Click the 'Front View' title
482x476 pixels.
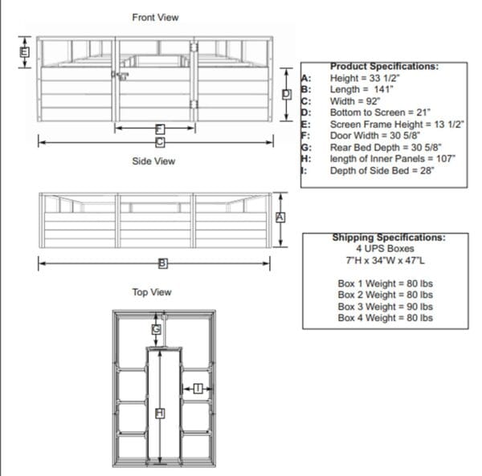coord(155,17)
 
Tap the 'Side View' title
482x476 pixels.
coord(153,161)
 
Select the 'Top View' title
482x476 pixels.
coord(152,292)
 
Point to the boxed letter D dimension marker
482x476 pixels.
coord(286,94)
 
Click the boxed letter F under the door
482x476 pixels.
coord(160,128)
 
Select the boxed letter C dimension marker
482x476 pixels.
coord(160,142)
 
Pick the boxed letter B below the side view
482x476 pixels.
coord(161,262)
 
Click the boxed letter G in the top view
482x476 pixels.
coord(157,329)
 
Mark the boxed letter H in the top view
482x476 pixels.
coord(159,413)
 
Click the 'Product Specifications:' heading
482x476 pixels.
coord(384,67)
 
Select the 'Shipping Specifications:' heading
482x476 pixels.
coord(389,238)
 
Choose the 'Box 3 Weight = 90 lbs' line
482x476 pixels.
coord(385,307)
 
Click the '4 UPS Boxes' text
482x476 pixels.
coord(385,250)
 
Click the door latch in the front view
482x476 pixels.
coord(120,75)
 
